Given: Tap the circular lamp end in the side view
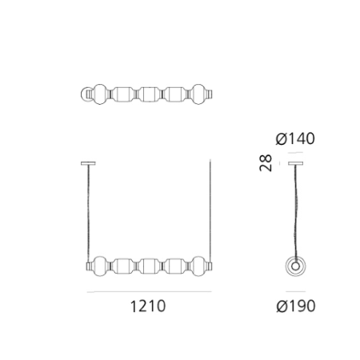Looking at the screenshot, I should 298,266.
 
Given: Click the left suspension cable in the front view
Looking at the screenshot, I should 86,212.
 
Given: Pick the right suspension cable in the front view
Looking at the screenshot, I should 210,212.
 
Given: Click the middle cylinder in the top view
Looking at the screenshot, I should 148,95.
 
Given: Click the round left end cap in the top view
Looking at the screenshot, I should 86,95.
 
